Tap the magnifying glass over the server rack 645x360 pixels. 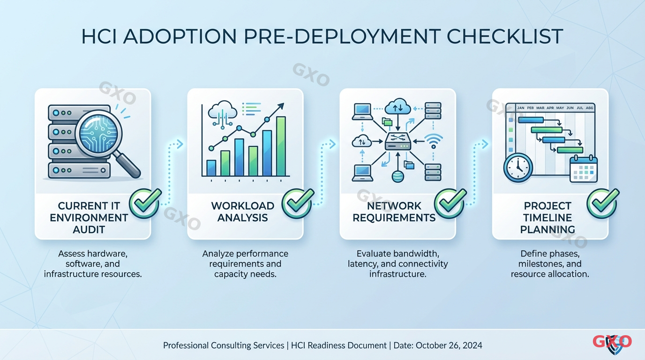click(100, 134)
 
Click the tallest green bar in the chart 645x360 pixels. click(281, 146)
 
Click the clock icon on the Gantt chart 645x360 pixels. click(518, 167)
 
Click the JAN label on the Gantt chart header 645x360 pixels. click(520, 108)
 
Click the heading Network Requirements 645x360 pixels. click(394, 212)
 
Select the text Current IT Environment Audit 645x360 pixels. click(89, 217)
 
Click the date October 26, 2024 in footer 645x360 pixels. click(449, 345)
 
